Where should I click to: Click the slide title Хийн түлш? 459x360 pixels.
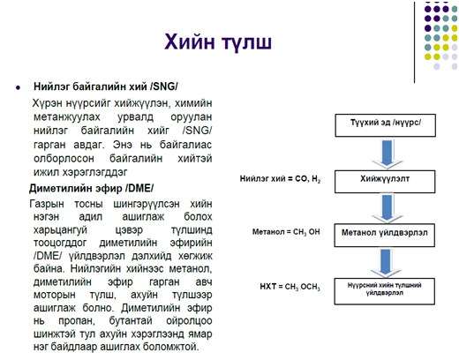[218, 42]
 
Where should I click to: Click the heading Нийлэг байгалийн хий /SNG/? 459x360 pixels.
[106, 86]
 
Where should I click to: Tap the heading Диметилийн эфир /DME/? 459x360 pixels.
[91, 188]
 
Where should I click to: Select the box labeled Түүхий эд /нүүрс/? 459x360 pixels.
[385, 125]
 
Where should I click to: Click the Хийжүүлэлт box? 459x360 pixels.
[385, 182]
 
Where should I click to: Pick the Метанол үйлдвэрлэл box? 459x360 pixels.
[385, 236]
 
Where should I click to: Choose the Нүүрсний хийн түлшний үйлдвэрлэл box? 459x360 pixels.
[385, 291]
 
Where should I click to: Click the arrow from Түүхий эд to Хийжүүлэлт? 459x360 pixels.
[387, 154]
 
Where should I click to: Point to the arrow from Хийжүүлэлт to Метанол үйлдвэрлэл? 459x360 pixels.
[387, 208]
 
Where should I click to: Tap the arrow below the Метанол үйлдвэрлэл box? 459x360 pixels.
[386, 263]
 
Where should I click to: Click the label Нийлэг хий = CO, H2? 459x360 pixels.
[280, 179]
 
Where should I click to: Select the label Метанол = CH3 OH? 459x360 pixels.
[286, 232]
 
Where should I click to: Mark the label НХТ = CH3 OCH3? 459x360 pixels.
[290, 287]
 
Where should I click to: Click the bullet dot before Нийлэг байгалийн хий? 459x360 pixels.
[19, 87]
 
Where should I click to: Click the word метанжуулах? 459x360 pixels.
[67, 116]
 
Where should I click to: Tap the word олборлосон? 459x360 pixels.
[64, 159]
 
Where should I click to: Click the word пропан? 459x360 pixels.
[77, 320]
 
